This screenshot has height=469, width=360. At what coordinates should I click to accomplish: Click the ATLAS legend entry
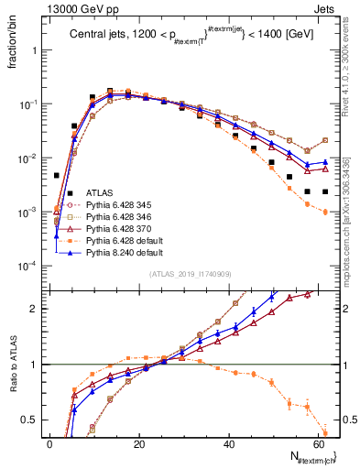pyautogui.click(x=88, y=192)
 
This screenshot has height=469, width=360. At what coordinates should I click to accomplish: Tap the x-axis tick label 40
pyautogui.click(x=229, y=443)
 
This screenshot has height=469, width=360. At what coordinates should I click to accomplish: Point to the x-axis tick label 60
pyautogui.click(x=318, y=443)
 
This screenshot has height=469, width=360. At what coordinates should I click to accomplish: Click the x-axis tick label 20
pyautogui.click(x=139, y=443)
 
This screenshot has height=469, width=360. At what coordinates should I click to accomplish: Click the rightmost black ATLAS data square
pyautogui.click(x=326, y=191)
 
